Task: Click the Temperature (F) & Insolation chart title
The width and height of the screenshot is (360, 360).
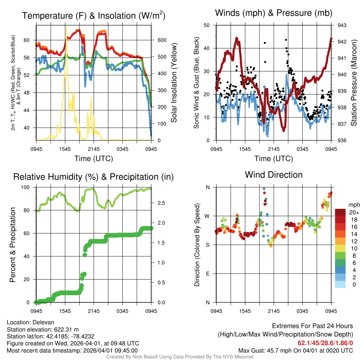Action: pos(94,16)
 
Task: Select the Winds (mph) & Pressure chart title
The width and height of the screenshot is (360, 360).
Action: pos(274,13)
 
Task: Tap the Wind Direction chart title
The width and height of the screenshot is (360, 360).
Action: pos(274,175)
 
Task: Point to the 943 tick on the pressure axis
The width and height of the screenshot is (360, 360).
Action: pos(342,25)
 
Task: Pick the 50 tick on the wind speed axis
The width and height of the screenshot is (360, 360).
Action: pos(207,25)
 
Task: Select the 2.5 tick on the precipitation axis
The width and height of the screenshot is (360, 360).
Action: pos(161,203)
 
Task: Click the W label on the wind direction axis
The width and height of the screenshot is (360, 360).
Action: pos(207,216)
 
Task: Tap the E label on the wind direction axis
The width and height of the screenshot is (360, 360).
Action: pos(207,274)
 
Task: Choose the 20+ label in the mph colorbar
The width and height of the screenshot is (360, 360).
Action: pos(354,212)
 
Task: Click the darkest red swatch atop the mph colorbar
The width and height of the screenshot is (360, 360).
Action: pos(340,212)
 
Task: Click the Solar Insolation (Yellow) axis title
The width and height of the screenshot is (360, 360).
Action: pos(174,83)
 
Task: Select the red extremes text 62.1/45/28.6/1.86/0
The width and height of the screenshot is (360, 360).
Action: pos(325,342)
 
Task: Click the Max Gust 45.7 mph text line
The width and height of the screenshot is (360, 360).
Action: pos(295,350)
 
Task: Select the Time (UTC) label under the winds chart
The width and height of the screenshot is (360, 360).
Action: pos(274,159)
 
